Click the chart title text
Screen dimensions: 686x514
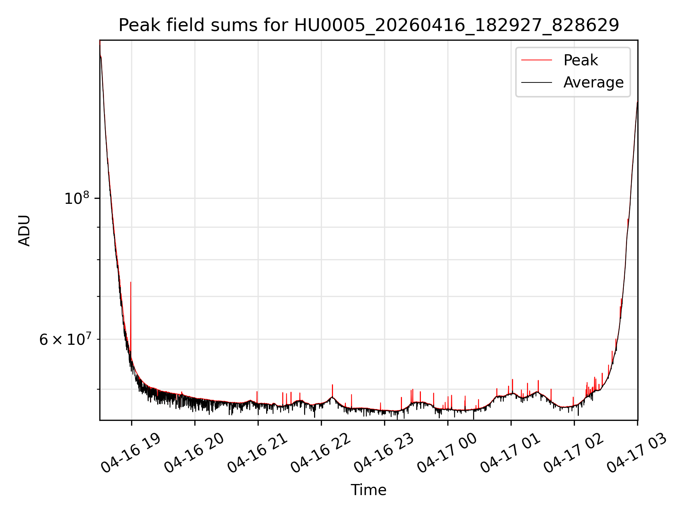click(x=369, y=25)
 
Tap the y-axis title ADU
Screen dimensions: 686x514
click(x=24, y=230)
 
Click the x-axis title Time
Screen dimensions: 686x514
click(x=369, y=490)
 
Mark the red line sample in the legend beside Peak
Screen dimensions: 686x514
click(x=537, y=60)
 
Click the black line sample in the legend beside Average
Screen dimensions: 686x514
click(x=537, y=82)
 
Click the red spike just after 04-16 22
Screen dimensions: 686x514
click(x=332, y=391)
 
